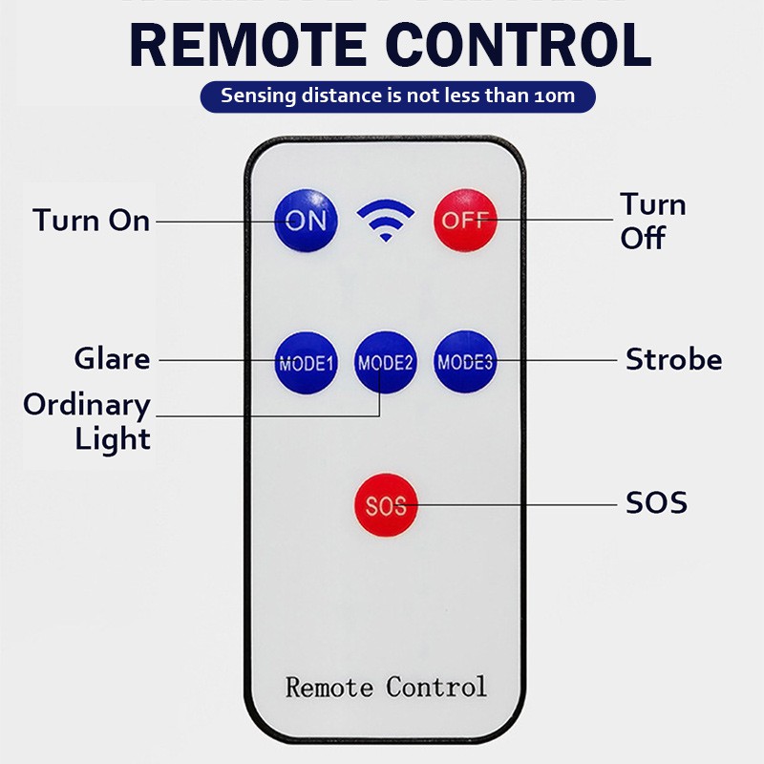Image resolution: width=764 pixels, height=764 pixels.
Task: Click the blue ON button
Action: pos(306,221)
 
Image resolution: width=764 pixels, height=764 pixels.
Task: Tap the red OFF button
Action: pos(465,221)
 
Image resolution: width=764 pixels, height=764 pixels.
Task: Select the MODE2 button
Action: pos(385,362)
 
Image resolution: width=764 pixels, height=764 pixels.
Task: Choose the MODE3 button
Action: pos(465,362)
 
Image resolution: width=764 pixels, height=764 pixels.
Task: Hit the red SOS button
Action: pos(385,505)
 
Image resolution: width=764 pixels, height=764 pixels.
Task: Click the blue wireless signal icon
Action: pos(385,221)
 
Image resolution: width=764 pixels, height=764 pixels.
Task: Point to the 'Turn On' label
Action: pos(92,221)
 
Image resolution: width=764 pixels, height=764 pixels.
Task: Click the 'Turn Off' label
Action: pos(653,221)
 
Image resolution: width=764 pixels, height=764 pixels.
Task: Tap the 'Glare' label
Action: pos(113,359)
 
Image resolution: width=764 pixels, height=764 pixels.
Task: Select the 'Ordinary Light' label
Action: pos(88,421)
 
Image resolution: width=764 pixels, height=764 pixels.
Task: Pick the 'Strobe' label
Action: pos(673,360)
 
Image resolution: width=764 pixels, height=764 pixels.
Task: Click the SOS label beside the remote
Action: pos(656,503)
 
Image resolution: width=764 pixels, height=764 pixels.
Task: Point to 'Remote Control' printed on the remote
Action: pos(386,687)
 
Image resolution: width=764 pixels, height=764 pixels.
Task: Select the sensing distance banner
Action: pos(398,95)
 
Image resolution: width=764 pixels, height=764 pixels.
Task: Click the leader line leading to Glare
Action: pos(215,360)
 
